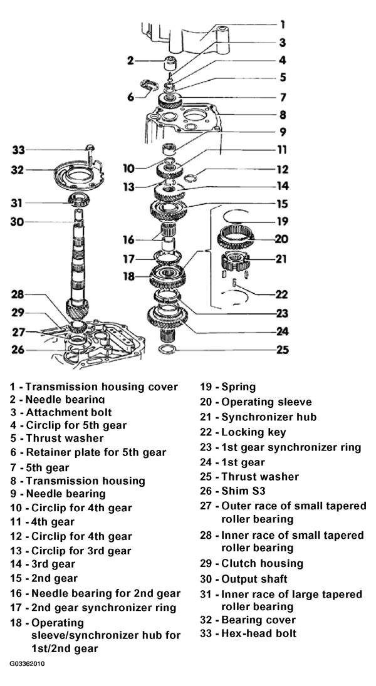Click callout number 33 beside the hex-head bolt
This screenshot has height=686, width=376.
(x=18, y=150)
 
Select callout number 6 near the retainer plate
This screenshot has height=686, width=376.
(x=130, y=96)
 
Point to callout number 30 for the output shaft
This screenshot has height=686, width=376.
(x=18, y=222)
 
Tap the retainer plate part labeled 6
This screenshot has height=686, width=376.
(x=149, y=84)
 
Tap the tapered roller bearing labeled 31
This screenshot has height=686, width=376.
(x=80, y=200)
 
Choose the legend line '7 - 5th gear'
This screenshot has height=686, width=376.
(x=40, y=468)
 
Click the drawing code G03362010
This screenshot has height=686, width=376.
(x=27, y=663)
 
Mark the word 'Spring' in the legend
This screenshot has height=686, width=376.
(x=239, y=387)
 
